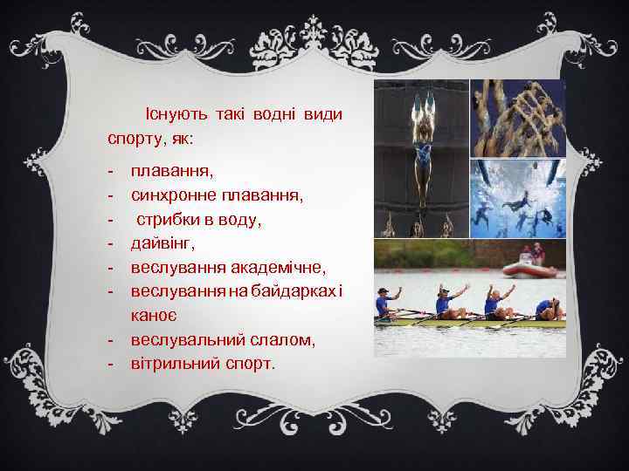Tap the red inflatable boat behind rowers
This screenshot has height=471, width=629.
pos(530,267)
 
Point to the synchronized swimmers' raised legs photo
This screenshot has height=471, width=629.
pos(518,117)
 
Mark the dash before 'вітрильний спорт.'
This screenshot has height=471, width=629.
pos(112,362)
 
